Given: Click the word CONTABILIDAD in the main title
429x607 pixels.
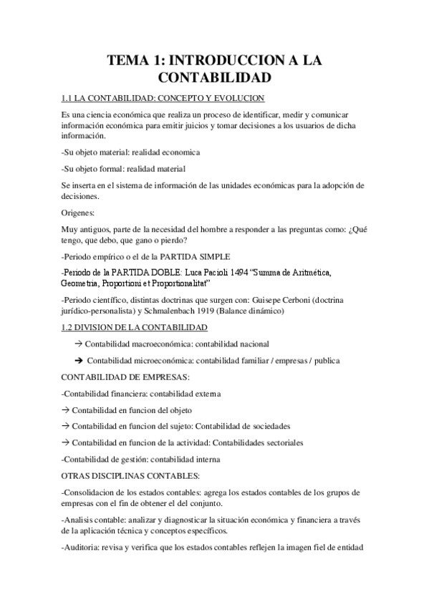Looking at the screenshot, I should click(214, 76).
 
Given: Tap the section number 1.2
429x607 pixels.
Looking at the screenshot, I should click(69, 328).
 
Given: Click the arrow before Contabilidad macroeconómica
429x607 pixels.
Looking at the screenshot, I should click(78, 344).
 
